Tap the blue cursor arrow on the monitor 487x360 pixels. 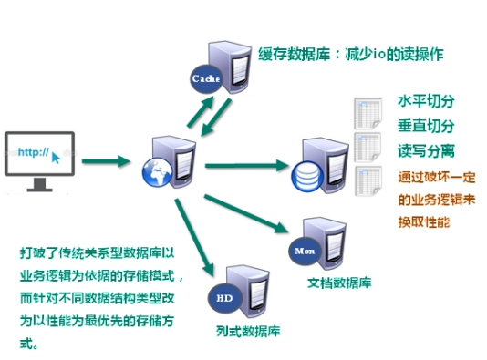coord(57,157)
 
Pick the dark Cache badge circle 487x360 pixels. coord(203,78)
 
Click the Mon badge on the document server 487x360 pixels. coord(304,249)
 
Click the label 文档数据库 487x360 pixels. coord(339,283)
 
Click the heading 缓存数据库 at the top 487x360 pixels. coord(292,54)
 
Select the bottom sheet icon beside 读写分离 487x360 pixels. coord(368,182)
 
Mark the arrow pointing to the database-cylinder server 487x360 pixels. coord(246,165)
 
